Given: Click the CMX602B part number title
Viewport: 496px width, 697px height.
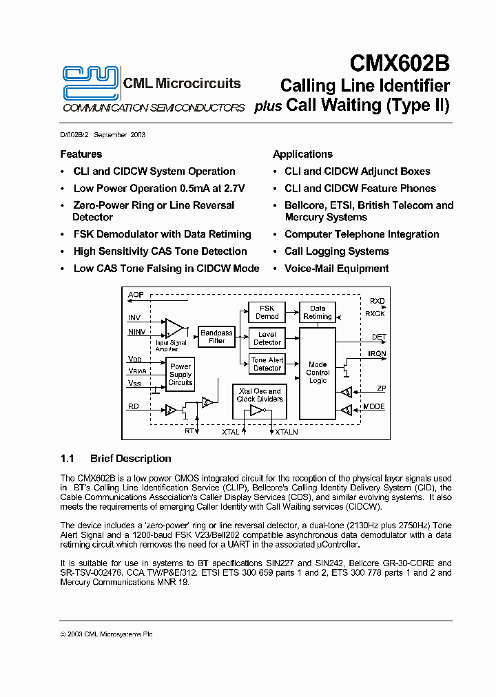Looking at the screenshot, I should point(400,63).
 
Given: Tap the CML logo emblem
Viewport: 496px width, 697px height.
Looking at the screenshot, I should point(90,82).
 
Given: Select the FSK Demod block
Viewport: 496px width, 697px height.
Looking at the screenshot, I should point(267,312).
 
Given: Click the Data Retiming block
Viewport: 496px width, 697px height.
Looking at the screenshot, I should point(317,312).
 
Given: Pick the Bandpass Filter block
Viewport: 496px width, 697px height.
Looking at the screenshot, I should point(216,336).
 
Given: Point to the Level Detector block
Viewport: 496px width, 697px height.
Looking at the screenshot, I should point(267,338).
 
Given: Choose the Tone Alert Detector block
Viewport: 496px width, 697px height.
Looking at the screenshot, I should point(267,364).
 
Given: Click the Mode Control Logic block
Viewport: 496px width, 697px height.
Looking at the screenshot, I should point(318,373).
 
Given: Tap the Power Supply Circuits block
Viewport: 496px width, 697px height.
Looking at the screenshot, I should point(180,375).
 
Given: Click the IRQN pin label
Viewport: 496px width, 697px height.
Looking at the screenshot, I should point(377,354).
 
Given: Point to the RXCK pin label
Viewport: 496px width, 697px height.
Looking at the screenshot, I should point(375,314).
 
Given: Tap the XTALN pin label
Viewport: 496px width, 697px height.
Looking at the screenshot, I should point(287,433).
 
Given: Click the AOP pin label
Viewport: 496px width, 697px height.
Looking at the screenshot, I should point(136,295).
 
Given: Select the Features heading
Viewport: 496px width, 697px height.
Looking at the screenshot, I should point(81,154).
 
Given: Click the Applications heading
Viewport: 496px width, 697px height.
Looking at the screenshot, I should point(302,154).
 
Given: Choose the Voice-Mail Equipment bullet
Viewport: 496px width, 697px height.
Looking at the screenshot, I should point(336,269).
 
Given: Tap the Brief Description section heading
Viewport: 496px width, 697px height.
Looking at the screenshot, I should point(130,459).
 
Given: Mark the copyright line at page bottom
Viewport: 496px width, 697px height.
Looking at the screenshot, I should point(106,634).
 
